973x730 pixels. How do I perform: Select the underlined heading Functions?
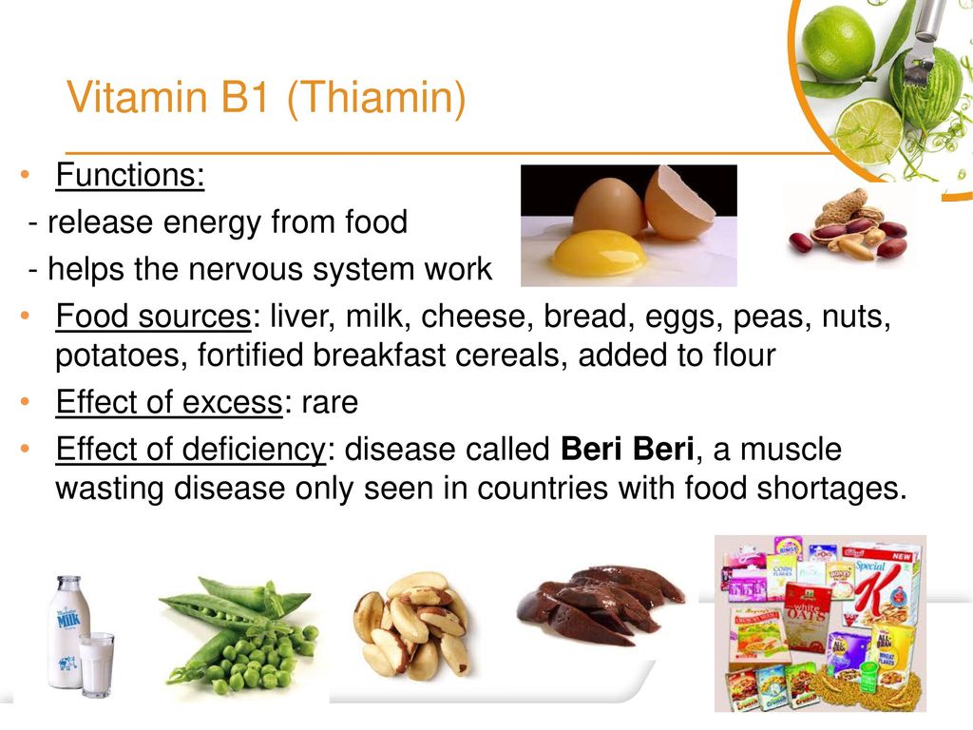tap(129, 175)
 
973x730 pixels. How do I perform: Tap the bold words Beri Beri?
tap(627, 449)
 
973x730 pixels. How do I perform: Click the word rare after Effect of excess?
tap(330, 403)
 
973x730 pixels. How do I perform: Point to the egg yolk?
tap(599, 253)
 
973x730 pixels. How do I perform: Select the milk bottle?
tap(68, 631)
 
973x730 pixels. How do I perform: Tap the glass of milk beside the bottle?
tap(97, 663)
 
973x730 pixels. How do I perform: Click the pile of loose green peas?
tap(256, 658)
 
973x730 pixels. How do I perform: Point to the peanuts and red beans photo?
tap(849, 224)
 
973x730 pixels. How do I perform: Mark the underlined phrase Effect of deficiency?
tap(191, 449)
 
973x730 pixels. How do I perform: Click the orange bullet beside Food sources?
tap(25, 316)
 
